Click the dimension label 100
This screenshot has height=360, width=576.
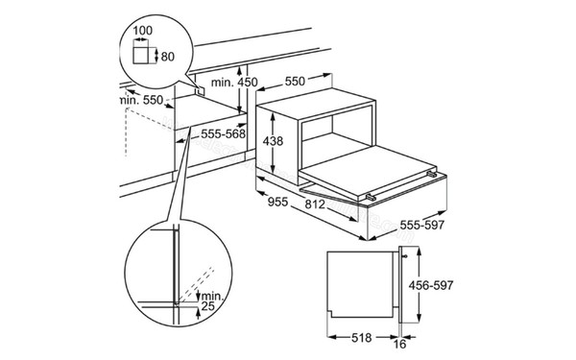click(x=142, y=30)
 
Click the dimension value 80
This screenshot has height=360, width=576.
click(x=167, y=57)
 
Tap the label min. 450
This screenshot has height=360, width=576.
click(x=234, y=83)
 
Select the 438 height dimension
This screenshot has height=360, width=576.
click(x=274, y=141)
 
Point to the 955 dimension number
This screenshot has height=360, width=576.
click(x=277, y=202)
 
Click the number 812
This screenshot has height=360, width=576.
click(x=315, y=204)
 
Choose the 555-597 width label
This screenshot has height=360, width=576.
click(x=422, y=225)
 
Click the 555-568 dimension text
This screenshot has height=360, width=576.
click(x=224, y=134)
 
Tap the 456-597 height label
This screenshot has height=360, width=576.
click(x=431, y=285)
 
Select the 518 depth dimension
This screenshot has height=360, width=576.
click(x=362, y=338)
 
